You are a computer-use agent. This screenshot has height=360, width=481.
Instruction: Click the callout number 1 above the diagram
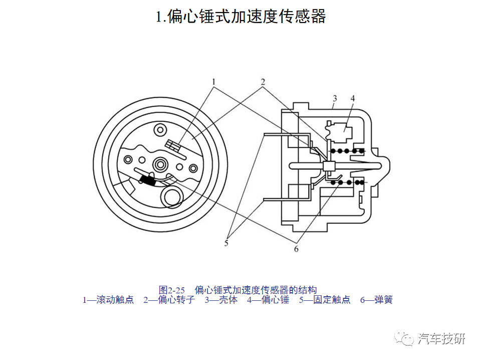point(214,82)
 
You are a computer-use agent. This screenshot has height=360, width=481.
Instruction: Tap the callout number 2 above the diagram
point(263,82)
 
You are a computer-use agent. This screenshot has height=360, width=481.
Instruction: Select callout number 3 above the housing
point(335,98)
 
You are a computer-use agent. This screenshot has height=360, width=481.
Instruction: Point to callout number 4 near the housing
point(353,98)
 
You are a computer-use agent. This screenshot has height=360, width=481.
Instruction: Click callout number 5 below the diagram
point(226,243)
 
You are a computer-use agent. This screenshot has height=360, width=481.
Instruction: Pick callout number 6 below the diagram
point(296,249)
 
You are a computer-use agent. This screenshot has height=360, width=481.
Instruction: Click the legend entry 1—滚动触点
point(108,299)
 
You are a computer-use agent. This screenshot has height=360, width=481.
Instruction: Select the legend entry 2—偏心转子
point(169,299)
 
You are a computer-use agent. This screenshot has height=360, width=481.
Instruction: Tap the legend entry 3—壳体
point(221,299)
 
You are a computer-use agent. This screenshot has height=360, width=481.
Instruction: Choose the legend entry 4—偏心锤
point(268,299)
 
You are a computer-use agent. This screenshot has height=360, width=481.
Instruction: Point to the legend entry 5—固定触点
point(325,299)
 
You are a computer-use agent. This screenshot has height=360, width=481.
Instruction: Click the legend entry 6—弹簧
point(376,299)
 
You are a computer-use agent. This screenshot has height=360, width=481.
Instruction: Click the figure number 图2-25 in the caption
point(172,290)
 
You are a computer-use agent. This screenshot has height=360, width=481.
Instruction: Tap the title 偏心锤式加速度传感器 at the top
point(247,16)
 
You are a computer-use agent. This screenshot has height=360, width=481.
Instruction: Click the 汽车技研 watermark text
point(441,338)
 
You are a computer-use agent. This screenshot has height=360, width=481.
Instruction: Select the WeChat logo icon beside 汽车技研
point(404,338)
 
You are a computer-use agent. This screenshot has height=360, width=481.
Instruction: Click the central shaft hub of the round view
point(160,164)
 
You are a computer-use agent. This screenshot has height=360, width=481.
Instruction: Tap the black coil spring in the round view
point(148,180)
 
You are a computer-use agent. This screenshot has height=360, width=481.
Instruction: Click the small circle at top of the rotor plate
point(160,130)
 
